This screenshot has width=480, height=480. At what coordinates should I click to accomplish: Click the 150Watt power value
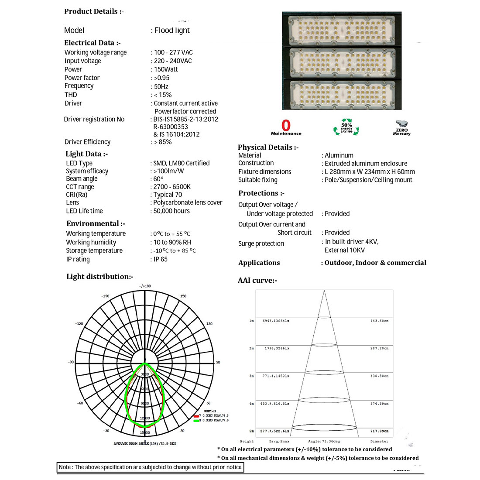coord(166,69)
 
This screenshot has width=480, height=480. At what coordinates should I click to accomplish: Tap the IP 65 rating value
coord(160,259)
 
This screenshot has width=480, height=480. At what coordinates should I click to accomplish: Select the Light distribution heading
coord(99,277)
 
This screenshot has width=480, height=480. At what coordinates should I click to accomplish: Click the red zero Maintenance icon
coord(286,127)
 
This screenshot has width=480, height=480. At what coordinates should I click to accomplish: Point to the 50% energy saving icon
coord(346,127)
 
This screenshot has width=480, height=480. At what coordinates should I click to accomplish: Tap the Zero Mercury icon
coord(401,128)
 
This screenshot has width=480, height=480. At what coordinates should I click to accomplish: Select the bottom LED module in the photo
coord(341,93)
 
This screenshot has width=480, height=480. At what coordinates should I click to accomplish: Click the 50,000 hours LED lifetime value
coord(171,211)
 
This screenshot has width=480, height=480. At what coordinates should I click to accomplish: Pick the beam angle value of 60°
coord(158,179)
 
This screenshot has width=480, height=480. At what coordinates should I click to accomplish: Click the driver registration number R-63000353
coord(171,127)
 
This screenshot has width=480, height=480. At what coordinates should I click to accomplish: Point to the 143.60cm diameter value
coord(379,321)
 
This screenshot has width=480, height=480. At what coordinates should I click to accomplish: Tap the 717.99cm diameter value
coord(379,431)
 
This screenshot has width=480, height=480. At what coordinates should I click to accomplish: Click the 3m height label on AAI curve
coord(251,376)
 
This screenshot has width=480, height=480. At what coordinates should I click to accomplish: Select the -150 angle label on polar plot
coord(105,296)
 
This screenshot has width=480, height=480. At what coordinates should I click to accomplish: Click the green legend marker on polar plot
coord(196,420)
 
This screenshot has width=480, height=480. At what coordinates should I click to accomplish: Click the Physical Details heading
coord(268,147)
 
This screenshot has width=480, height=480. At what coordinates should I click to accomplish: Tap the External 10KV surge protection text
coord(344,250)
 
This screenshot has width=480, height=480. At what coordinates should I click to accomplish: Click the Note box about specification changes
coord(150,467)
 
